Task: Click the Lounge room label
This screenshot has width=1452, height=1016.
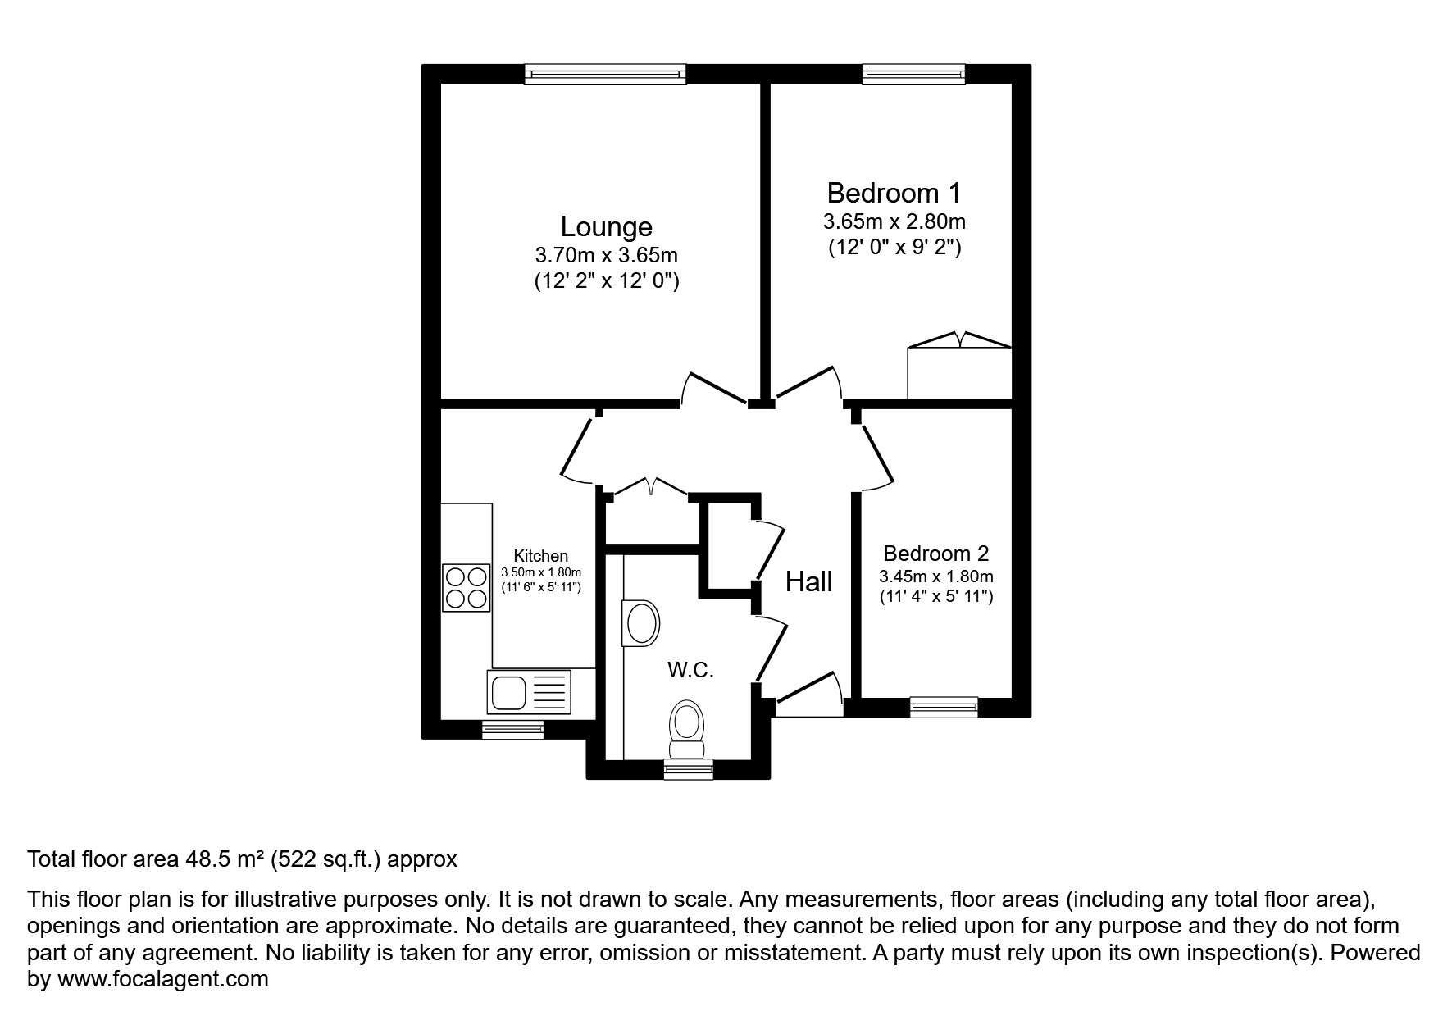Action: click(606, 226)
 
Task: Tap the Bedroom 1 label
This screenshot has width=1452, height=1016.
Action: click(893, 193)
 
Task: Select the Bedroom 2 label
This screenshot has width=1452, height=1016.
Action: click(935, 553)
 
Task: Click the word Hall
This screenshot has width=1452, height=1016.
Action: click(808, 582)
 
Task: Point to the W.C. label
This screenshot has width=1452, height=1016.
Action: click(690, 670)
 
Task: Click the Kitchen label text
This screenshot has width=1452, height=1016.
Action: click(540, 556)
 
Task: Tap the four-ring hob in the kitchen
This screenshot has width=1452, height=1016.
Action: click(466, 588)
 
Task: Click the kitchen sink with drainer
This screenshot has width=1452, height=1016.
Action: click(529, 691)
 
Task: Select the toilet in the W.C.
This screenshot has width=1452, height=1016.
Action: click(687, 730)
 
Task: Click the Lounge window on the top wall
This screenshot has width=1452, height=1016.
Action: click(605, 75)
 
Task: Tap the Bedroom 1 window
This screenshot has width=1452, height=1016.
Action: click(913, 75)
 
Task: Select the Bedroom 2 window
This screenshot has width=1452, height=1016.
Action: click(944, 707)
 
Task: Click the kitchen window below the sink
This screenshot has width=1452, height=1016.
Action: click(512, 729)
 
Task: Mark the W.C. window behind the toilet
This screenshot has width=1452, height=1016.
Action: click(688, 769)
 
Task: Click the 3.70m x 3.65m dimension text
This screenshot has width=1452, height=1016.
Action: click(606, 256)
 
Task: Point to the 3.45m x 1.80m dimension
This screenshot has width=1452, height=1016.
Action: click(935, 576)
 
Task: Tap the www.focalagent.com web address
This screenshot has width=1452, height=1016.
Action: click(162, 978)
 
